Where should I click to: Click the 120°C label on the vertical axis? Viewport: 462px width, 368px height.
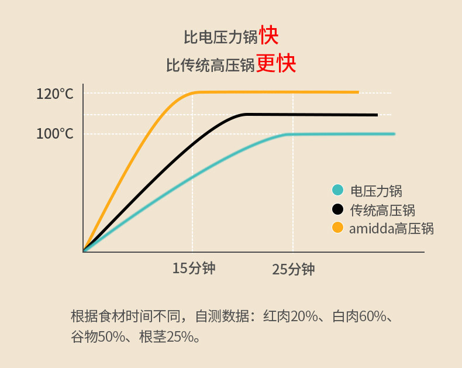[x=55, y=94]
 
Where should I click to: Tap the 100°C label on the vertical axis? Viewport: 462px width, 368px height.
[x=55, y=134]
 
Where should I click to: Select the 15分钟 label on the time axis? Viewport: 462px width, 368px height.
[x=194, y=269]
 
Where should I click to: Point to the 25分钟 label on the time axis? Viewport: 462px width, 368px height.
[x=294, y=269]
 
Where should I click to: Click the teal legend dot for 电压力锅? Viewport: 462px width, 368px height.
[x=337, y=190]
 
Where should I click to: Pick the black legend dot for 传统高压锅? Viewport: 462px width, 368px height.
[x=337, y=209]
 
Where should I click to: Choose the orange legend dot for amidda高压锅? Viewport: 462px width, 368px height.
[x=337, y=228]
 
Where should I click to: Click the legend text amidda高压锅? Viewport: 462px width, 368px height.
[x=392, y=229]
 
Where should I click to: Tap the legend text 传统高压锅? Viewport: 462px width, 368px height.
[x=382, y=210]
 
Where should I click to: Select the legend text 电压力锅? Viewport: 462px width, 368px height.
[x=376, y=191]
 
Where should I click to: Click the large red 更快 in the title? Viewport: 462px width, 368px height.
[x=276, y=63]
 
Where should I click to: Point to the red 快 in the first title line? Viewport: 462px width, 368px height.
[x=268, y=35]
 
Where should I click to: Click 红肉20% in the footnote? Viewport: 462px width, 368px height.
[x=291, y=316]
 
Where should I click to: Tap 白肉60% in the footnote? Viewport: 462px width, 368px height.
[x=360, y=316]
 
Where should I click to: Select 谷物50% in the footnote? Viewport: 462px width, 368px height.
[x=98, y=336]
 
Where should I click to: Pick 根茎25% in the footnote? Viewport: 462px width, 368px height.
[x=167, y=336]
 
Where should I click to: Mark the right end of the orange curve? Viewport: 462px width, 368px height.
[x=358, y=92]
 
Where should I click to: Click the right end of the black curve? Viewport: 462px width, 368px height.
[x=377, y=115]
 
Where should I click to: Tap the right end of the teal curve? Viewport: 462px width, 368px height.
[x=394, y=134]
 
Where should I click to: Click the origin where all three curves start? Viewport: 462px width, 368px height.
[x=84, y=252]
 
